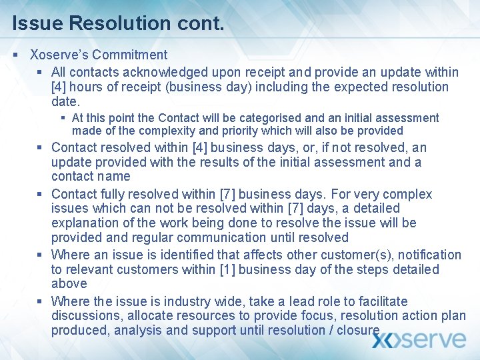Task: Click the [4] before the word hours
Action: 59,87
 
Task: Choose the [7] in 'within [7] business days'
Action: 227,194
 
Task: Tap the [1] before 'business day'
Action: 227,269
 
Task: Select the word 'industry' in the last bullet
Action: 159,301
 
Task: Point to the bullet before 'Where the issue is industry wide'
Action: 41,301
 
